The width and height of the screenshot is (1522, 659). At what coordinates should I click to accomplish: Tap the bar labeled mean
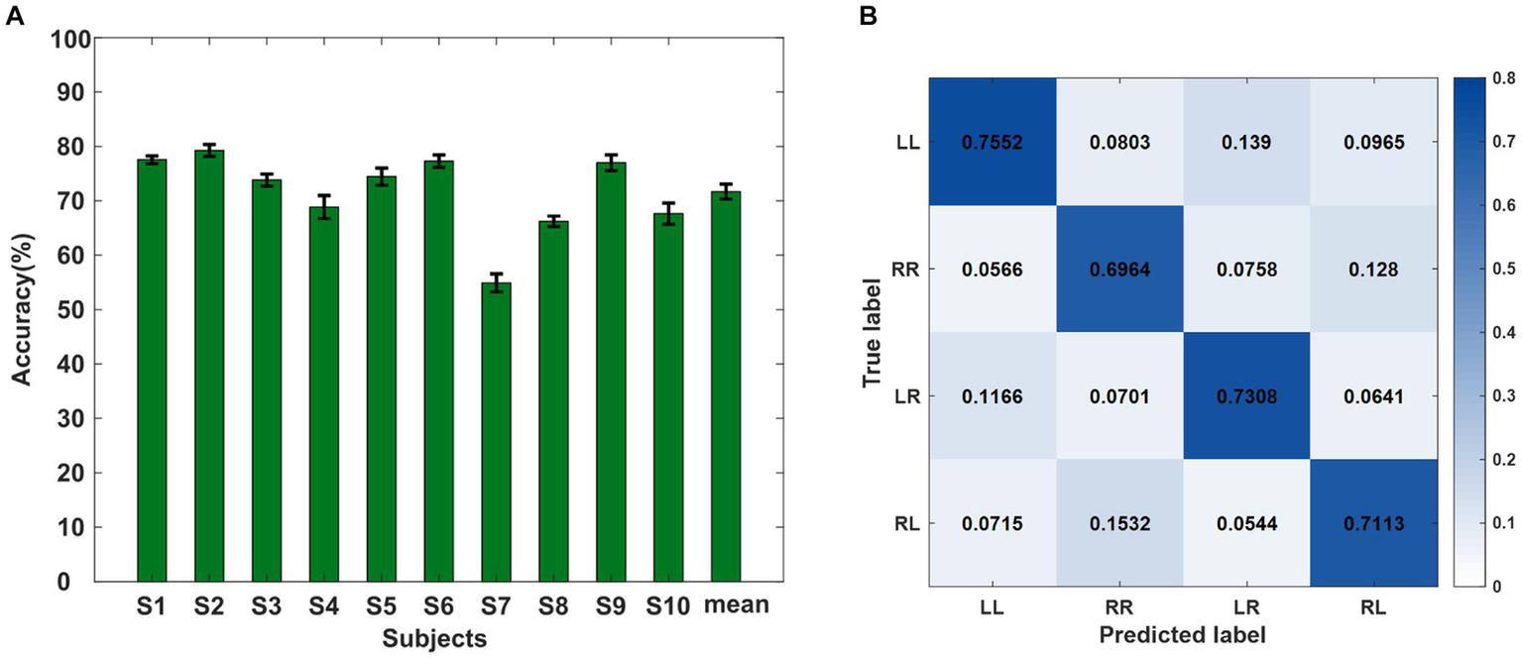726,385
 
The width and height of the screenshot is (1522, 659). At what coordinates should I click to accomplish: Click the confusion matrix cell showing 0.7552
992,142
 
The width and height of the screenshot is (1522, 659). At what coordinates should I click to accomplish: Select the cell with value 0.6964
1118,270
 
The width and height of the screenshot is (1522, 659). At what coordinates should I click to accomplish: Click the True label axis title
873,332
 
